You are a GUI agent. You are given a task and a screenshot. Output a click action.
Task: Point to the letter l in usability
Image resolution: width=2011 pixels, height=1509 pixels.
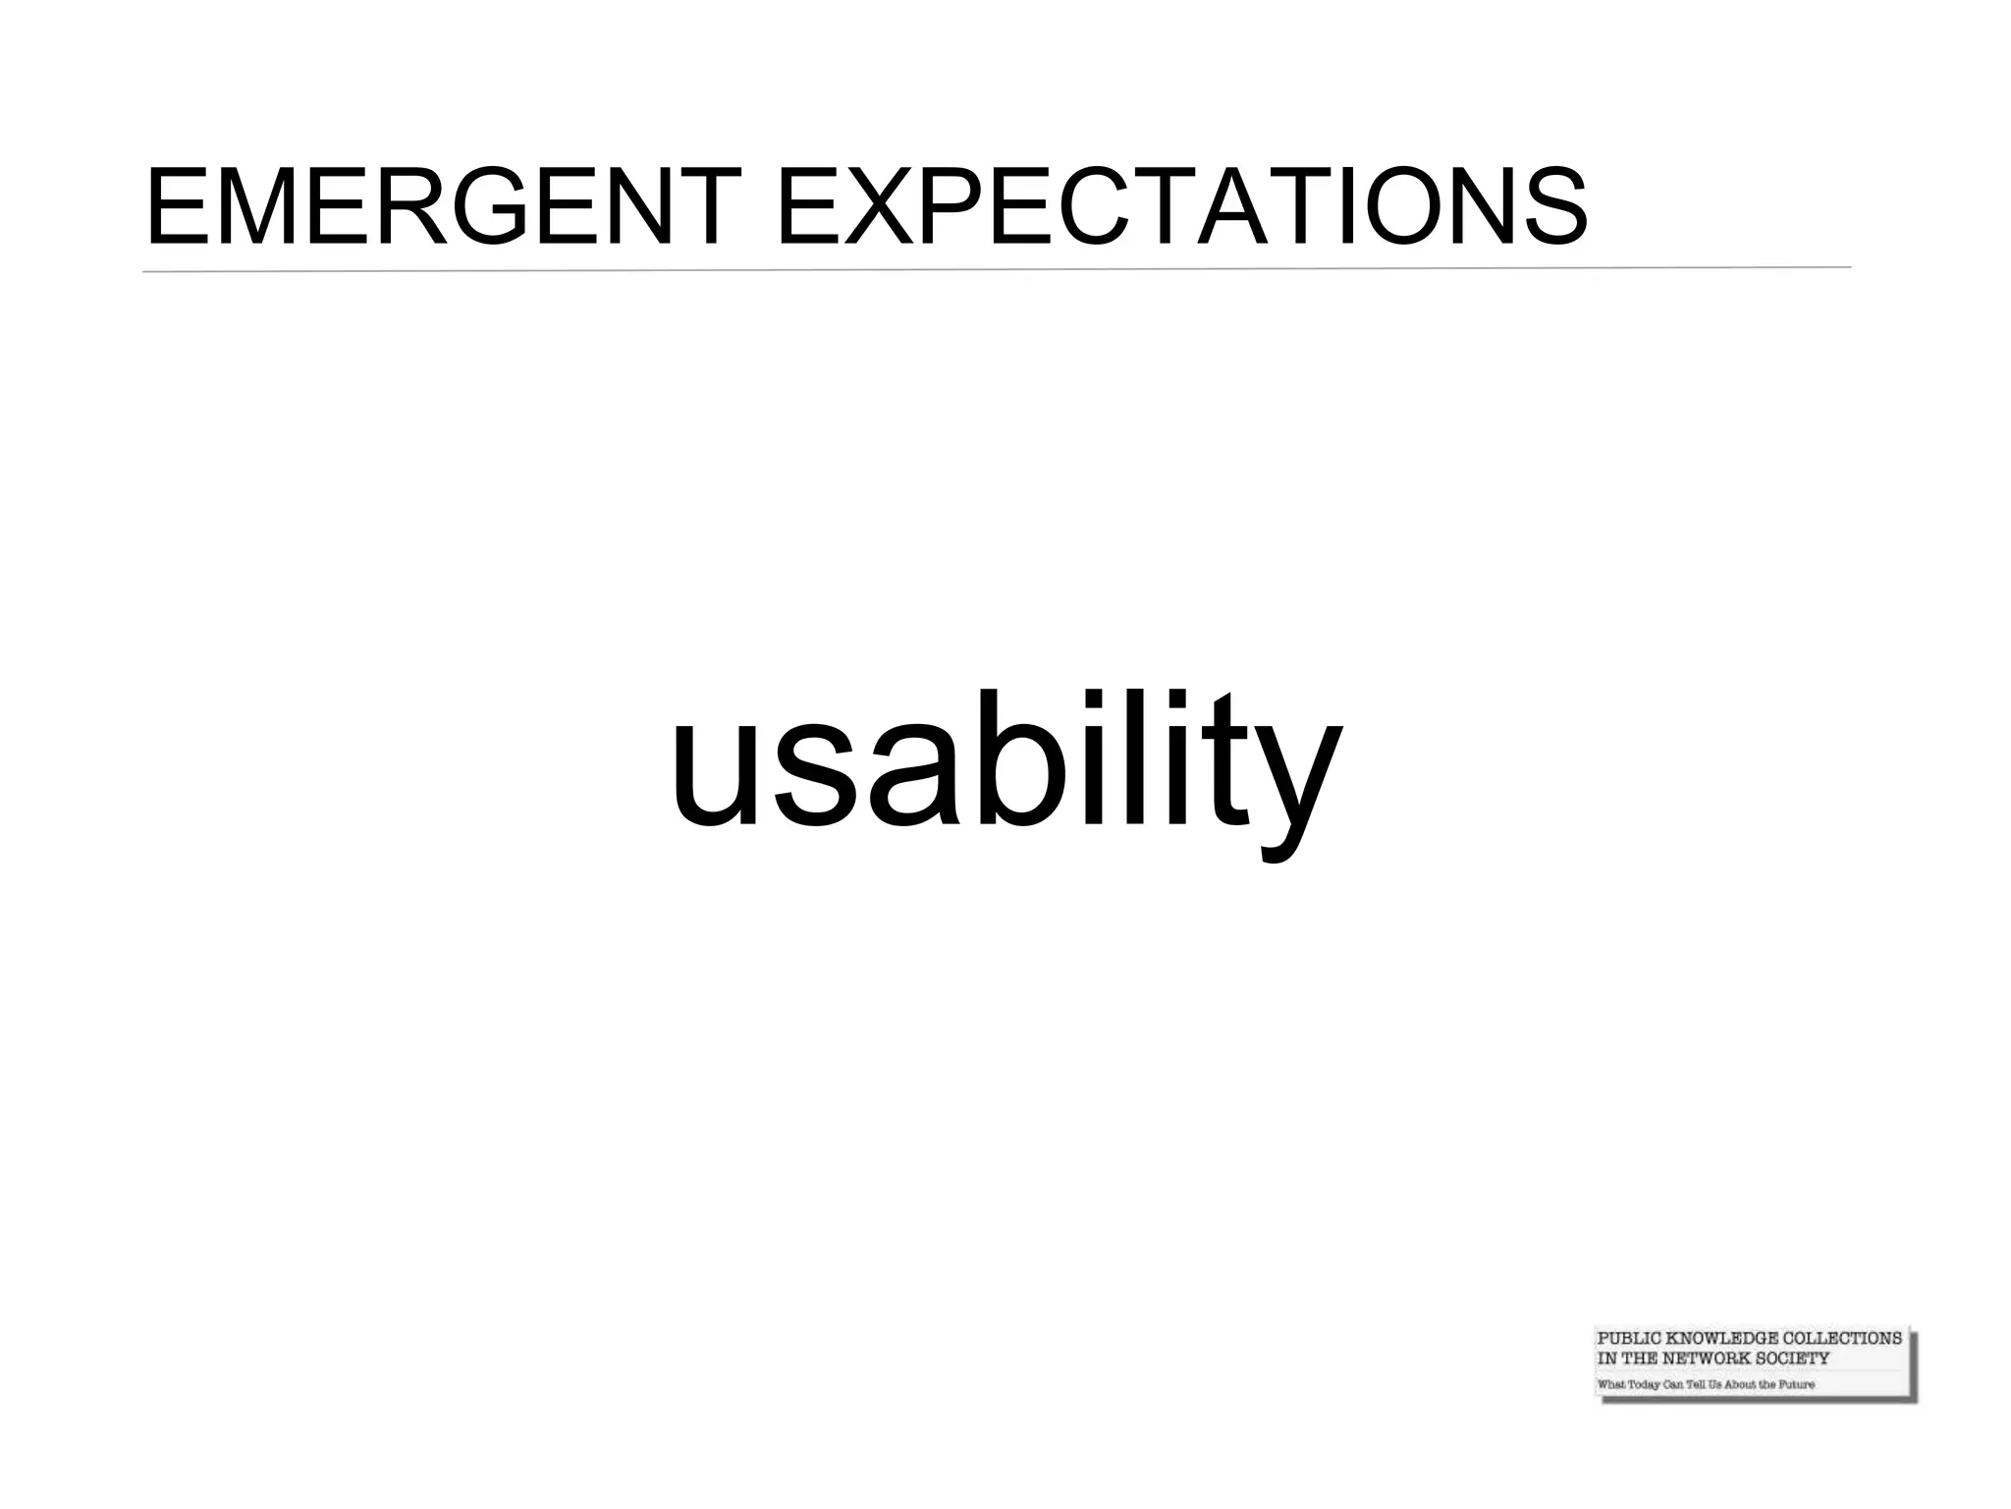1146,756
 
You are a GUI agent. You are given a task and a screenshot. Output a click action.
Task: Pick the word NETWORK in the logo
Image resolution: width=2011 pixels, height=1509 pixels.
1707,1359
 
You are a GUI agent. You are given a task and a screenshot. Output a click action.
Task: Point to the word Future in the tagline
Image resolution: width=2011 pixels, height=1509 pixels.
1796,1384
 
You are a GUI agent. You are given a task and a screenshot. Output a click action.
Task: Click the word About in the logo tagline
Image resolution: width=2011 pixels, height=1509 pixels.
1740,1384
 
